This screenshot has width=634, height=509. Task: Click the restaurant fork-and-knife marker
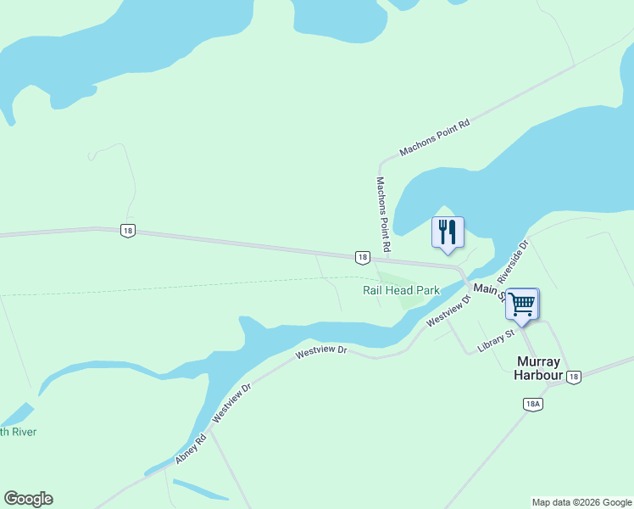pyautogui.click(x=448, y=232)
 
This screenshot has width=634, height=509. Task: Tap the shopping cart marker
pyautogui.click(x=521, y=304)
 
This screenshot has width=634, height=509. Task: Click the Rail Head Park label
pyautogui.click(x=401, y=290)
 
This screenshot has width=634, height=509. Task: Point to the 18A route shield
pyautogui.click(x=533, y=404)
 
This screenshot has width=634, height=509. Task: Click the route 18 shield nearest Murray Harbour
pyautogui.click(x=574, y=377)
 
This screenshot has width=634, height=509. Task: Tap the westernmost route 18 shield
pyautogui.click(x=127, y=231)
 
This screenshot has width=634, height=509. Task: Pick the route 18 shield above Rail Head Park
pyautogui.click(x=362, y=257)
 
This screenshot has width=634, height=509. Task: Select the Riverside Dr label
pyautogui.click(x=513, y=261)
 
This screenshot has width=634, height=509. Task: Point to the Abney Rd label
pyautogui.click(x=192, y=449)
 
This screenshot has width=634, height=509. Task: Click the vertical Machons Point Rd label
pyautogui.click(x=383, y=215)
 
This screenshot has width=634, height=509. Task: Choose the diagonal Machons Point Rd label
pyautogui.click(x=435, y=137)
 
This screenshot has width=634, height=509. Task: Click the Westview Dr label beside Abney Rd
pyautogui.click(x=232, y=402)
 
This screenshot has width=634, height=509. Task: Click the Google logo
pyautogui.click(x=28, y=499)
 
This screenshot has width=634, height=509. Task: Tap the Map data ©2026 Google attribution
pyautogui.click(x=581, y=502)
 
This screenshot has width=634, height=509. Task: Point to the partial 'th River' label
pyautogui.click(x=18, y=432)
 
